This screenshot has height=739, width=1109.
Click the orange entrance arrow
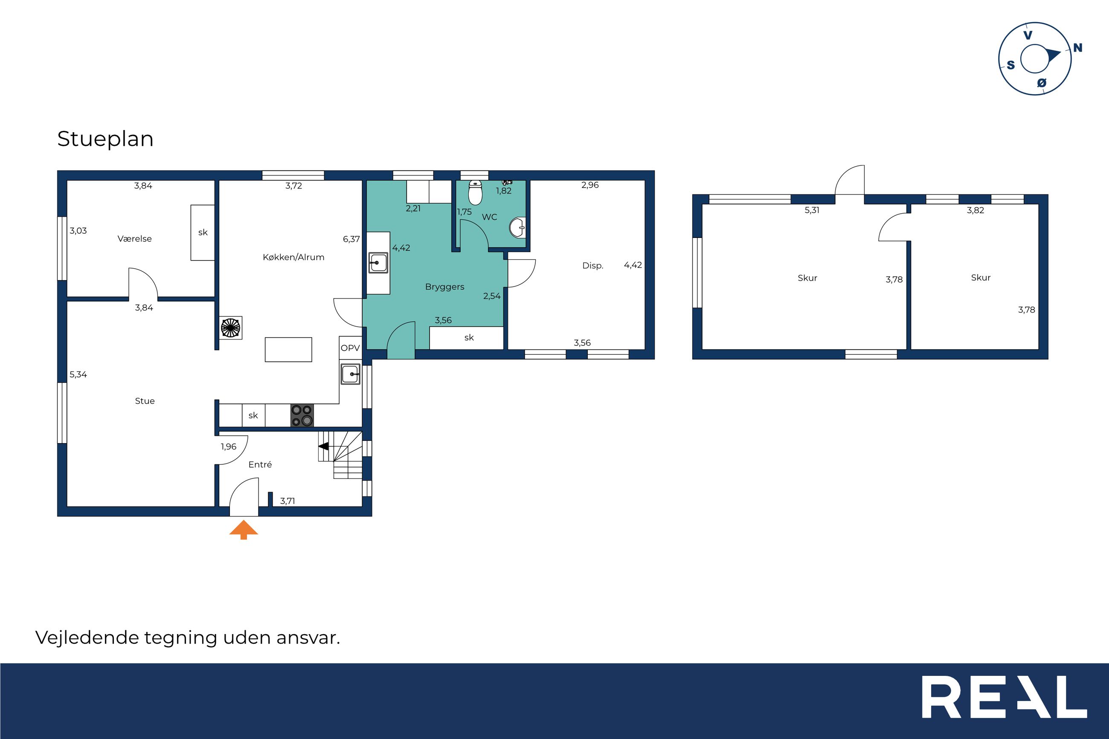click(244, 529)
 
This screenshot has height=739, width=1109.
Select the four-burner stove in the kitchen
click(302, 416)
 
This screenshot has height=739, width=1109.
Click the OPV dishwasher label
click(350, 348)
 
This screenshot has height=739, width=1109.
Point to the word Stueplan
click(105, 139)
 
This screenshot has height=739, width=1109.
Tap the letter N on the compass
click(1077, 48)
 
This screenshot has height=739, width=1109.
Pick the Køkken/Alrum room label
click(293, 257)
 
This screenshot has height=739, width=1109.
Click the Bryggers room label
click(444, 287)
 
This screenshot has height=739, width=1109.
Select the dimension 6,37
click(351, 239)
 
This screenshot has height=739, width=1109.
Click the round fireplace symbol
click(230, 327)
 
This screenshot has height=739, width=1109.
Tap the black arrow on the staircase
click(324, 446)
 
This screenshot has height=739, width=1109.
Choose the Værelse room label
click(134, 239)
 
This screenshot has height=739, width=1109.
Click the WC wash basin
click(517, 228)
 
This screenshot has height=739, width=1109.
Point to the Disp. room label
click(592, 266)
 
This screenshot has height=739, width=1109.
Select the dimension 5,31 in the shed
click(812, 211)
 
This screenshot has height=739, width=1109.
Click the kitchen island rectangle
click(288, 350)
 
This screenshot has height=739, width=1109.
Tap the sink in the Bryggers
click(378, 263)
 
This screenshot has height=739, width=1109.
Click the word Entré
click(260, 465)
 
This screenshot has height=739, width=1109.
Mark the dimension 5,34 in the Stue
click(78, 375)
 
